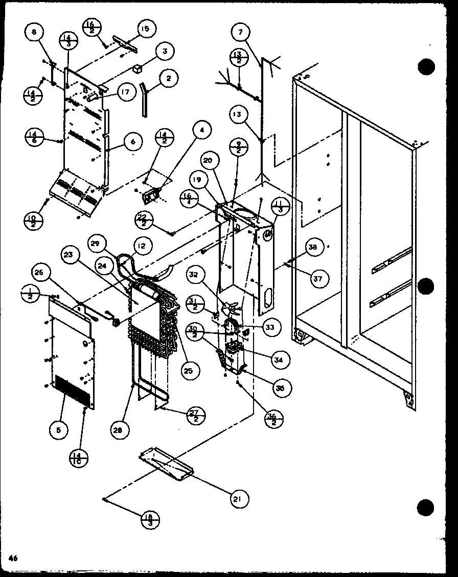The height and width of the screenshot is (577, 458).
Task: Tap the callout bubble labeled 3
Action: click(165, 52)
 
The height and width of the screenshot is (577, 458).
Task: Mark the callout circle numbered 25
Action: click(188, 371)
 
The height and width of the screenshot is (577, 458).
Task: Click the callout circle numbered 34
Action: click(279, 360)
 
